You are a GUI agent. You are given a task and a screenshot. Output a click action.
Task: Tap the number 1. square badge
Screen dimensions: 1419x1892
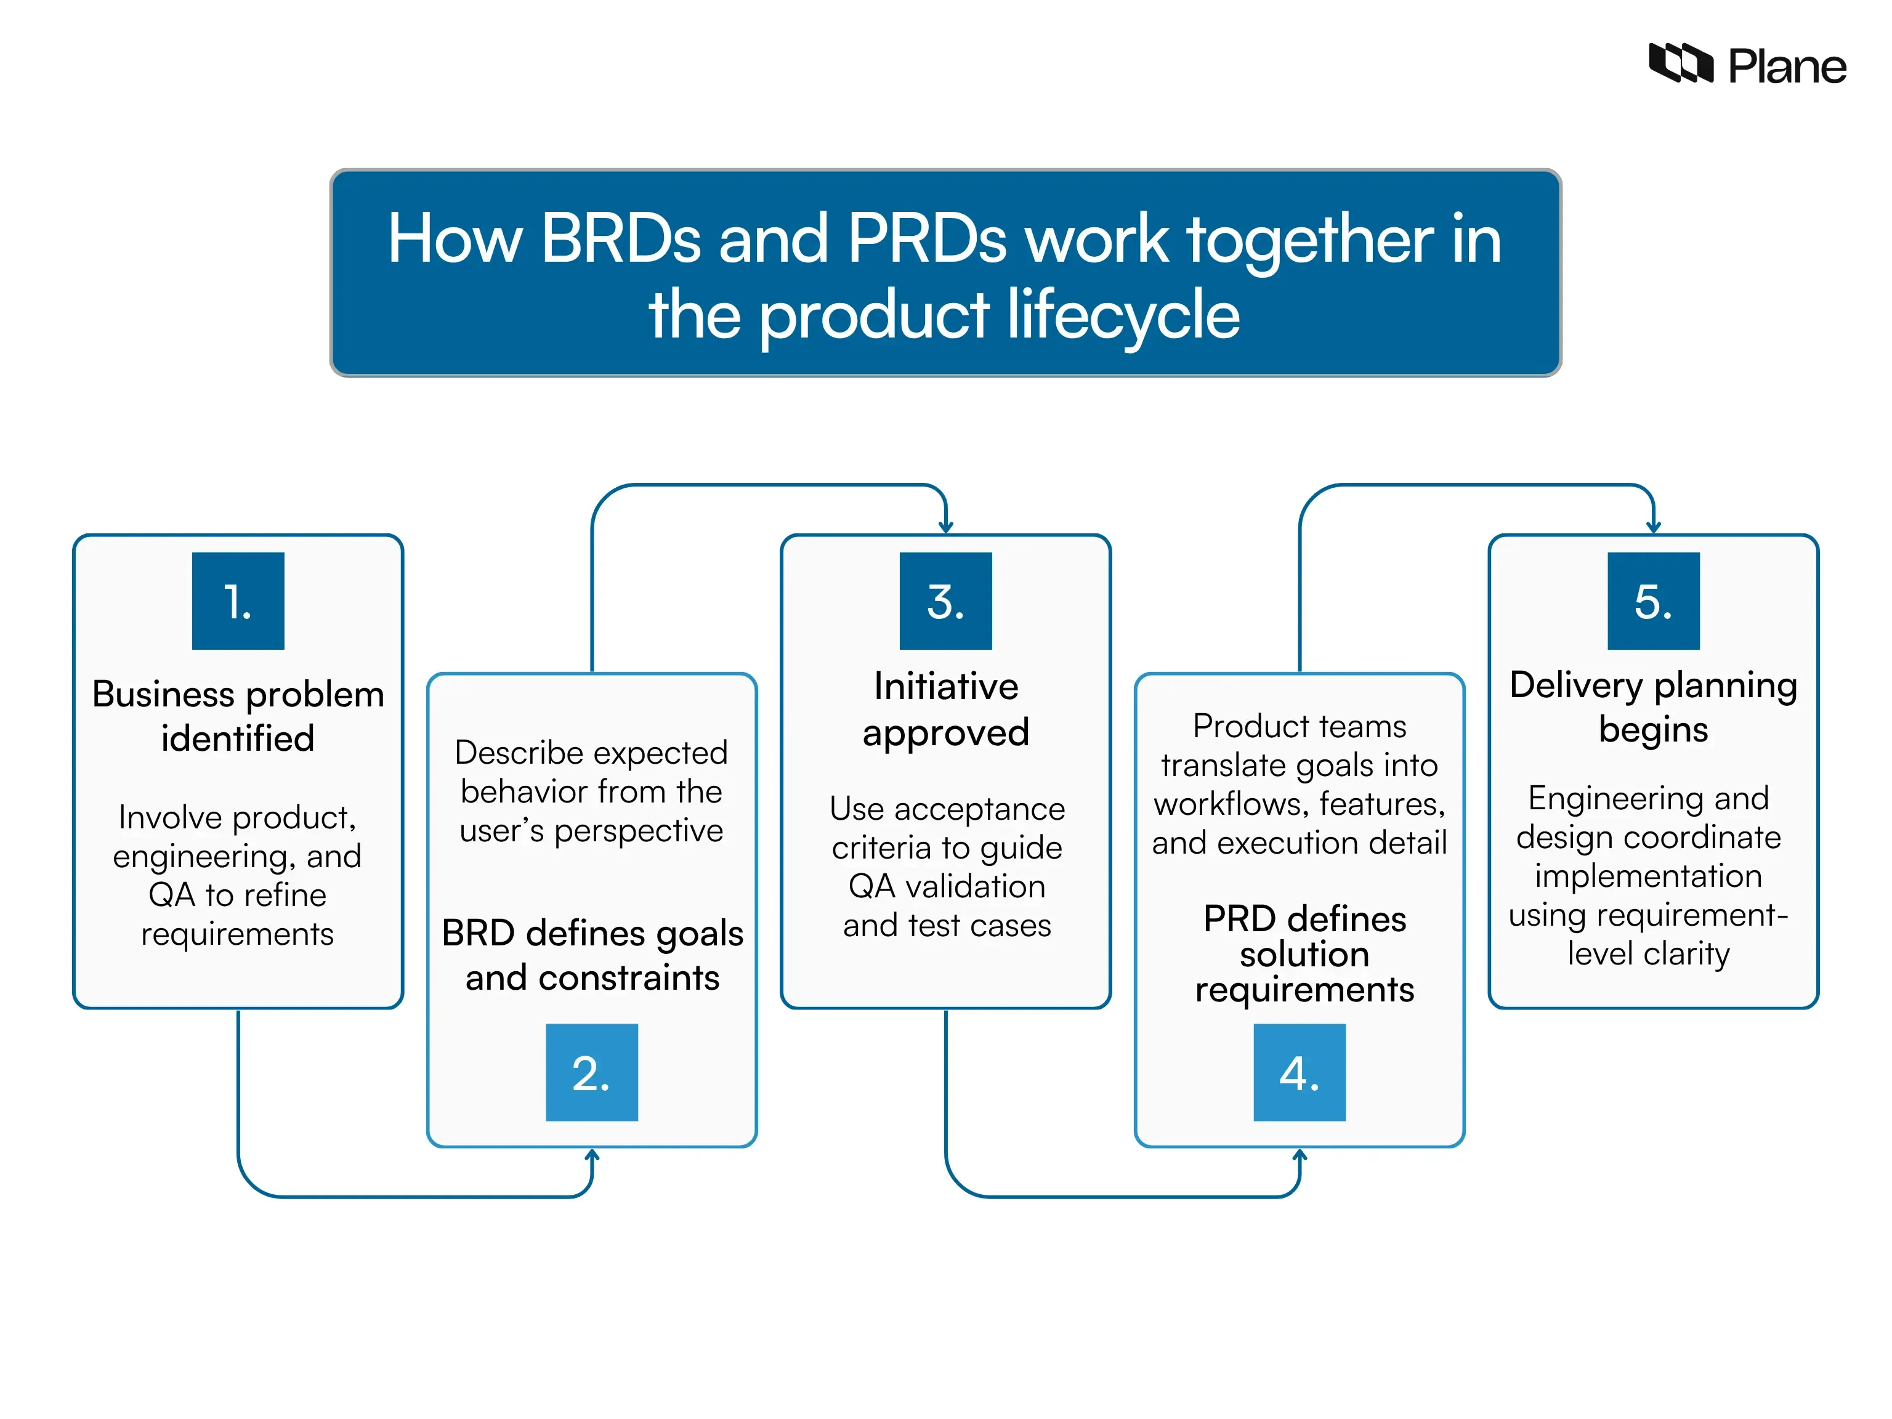point(238,600)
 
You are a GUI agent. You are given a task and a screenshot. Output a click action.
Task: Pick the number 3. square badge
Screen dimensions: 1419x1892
point(945,600)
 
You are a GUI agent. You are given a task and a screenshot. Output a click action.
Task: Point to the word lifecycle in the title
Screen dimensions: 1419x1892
point(1123,314)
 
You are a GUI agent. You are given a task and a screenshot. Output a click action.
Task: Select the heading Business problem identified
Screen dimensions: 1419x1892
point(238,715)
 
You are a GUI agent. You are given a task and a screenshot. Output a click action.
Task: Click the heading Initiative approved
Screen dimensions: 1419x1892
point(945,708)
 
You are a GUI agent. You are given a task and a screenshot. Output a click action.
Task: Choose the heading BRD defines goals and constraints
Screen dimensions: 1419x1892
point(592,955)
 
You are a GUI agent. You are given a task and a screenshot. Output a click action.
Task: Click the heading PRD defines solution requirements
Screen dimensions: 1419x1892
point(1304,953)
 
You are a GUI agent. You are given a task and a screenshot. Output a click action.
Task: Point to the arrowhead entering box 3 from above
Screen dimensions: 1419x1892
point(945,526)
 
